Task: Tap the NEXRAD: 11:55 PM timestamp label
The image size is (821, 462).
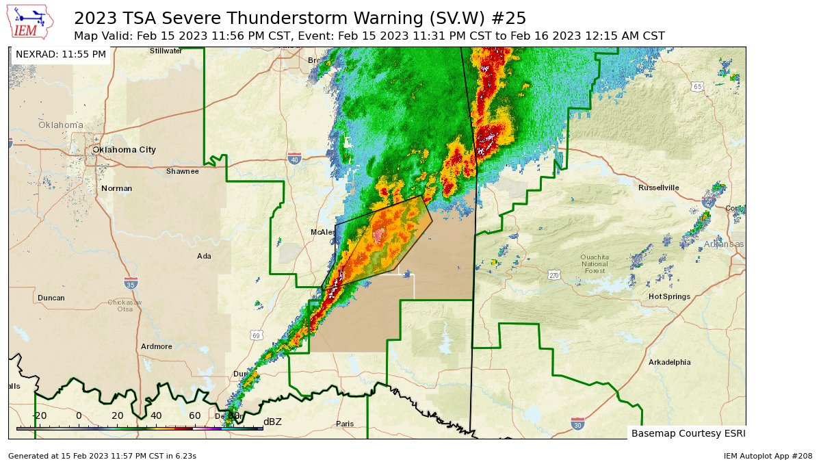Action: coord(61,54)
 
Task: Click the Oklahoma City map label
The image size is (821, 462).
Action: coord(124,150)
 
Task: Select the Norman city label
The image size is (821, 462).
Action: coord(116,188)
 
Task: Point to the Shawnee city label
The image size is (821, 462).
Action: coord(182,171)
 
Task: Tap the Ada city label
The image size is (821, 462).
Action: coord(204,256)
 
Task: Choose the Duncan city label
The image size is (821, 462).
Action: coord(51,298)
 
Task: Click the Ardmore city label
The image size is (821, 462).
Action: coord(157,346)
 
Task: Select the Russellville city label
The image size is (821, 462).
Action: coord(658,188)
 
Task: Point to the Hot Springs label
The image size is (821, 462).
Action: coord(669,296)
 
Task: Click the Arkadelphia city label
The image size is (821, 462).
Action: coord(669,362)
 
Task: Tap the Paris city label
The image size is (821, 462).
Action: coord(345,424)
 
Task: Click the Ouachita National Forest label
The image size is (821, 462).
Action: coord(595,264)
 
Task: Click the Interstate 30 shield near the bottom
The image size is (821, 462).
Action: coord(577,424)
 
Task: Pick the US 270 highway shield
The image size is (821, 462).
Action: coord(554,275)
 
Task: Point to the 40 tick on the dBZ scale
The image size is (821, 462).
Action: coord(156,416)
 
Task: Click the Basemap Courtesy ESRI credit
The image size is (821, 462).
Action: coord(686,433)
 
